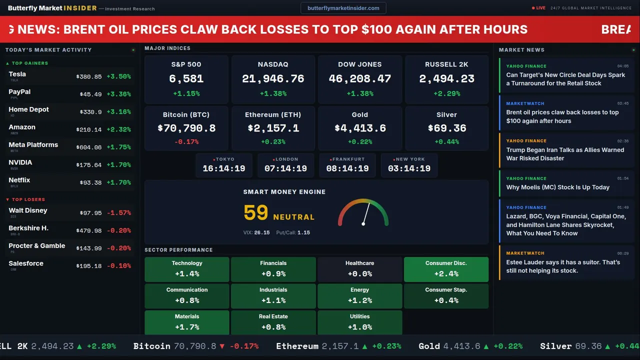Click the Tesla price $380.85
(89, 77)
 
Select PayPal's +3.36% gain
(118, 94)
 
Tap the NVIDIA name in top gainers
(20, 162)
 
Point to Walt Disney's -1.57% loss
(118, 213)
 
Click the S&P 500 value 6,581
(186, 79)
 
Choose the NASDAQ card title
(273, 64)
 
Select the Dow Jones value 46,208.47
(360, 79)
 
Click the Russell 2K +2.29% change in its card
(446, 93)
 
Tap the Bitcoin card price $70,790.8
(186, 128)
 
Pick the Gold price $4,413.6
(360, 128)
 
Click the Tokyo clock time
(224, 168)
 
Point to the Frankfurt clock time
(347, 168)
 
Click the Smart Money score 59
(256, 213)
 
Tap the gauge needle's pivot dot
(363, 223)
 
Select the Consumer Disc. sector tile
(446, 269)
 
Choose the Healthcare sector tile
(359, 269)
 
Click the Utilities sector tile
(359, 322)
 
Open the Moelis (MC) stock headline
(557, 187)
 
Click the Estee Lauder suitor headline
(562, 266)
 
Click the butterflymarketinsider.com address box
(343, 8)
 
